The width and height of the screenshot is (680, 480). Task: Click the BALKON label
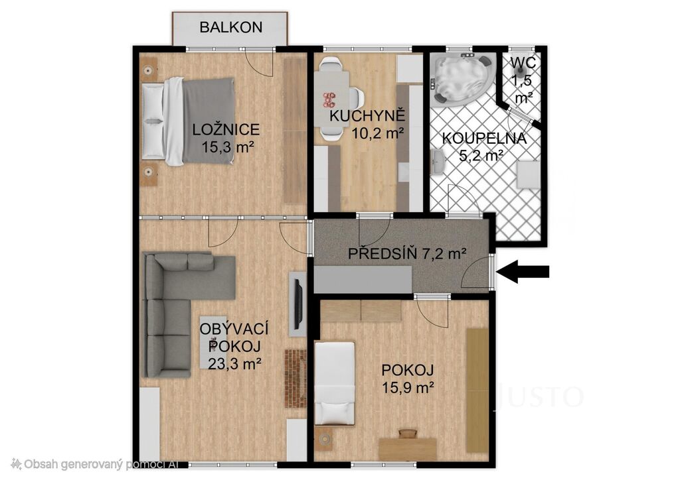(230, 27)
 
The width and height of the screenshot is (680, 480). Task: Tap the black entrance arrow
(523, 271)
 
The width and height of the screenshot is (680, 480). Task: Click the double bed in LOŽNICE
(188, 121)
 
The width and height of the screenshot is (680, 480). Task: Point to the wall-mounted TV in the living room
(298, 304)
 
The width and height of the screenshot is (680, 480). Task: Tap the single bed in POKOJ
(335, 383)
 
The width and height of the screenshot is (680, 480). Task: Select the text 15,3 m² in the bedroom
(227, 147)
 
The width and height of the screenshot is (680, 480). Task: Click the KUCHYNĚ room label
(367, 115)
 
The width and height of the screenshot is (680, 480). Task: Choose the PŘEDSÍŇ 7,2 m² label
(407, 253)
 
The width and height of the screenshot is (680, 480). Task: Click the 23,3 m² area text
(234, 363)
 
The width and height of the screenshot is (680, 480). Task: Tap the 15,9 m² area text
(408, 387)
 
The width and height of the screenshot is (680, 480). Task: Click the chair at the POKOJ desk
(408, 434)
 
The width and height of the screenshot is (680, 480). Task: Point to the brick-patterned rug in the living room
(295, 379)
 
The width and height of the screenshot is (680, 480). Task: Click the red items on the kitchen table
(329, 99)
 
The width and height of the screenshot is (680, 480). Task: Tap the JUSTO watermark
(539, 396)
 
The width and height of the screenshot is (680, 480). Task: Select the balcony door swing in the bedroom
(260, 63)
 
